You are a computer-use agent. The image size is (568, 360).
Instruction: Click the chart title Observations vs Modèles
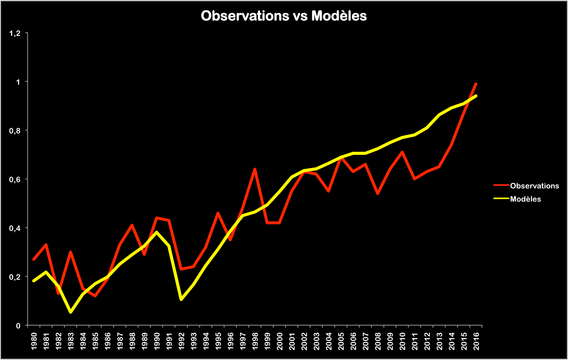[284, 16]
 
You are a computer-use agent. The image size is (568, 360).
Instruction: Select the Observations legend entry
[534, 186]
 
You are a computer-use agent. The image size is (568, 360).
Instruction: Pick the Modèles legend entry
[525, 199]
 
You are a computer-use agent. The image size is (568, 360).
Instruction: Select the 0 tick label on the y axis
[18, 326]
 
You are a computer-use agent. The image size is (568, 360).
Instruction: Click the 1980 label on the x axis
[34, 341]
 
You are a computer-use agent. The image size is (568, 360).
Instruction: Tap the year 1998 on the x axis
[255, 341]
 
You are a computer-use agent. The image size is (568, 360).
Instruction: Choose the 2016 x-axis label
[476, 341]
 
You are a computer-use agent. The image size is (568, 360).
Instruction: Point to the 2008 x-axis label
[378, 341]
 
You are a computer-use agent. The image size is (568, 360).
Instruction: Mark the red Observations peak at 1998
[255, 169]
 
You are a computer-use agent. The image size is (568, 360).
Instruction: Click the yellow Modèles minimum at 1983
[70, 312]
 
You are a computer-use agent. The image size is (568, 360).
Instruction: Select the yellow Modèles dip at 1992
[181, 300]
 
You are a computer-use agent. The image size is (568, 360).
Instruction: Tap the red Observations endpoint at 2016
[476, 84]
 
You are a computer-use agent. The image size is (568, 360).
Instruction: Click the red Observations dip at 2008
[377, 194]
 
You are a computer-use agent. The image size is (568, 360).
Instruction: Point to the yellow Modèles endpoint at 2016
[476, 96]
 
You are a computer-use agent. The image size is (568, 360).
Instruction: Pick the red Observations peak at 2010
[402, 152]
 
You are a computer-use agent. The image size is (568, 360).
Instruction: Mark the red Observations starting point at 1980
[34, 259]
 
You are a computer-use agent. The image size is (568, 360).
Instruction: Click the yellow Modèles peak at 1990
[156, 232]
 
